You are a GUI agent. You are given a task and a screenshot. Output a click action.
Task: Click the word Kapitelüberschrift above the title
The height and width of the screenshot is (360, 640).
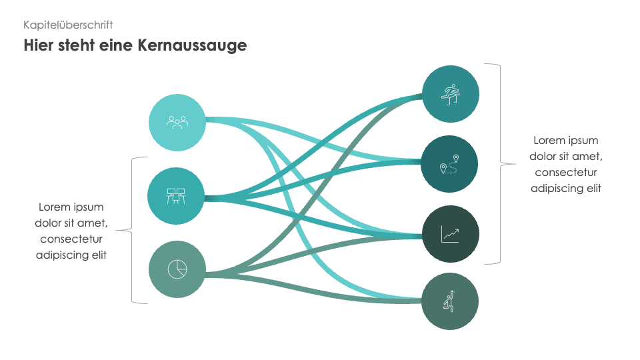pyautogui.click(x=68, y=25)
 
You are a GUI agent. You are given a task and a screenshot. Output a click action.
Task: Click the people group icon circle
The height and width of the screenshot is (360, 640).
pyautogui.click(x=177, y=122)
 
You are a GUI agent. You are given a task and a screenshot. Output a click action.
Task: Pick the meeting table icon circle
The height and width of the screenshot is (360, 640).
pyautogui.click(x=176, y=196)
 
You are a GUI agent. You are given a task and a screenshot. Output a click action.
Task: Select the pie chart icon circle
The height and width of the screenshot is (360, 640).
pyautogui.click(x=177, y=269)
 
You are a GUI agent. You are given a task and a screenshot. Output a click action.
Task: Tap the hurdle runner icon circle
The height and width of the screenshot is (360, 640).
pyautogui.click(x=451, y=94)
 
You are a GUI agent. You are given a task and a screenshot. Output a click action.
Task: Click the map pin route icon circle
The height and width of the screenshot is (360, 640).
pyautogui.click(x=451, y=164)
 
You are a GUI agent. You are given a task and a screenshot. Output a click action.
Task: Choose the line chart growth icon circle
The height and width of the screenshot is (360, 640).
pyautogui.click(x=451, y=234)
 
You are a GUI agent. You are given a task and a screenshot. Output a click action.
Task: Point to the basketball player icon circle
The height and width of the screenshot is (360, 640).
pyautogui.click(x=451, y=301)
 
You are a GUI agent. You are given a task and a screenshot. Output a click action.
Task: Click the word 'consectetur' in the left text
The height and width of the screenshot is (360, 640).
pyautogui.click(x=71, y=239)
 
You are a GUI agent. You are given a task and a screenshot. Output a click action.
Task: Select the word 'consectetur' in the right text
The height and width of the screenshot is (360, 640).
pyautogui.click(x=566, y=173)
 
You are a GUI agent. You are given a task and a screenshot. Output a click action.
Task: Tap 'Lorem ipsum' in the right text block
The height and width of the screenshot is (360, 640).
pyautogui.click(x=566, y=141)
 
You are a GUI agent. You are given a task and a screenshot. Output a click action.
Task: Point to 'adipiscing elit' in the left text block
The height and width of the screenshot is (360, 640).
pyautogui.click(x=71, y=255)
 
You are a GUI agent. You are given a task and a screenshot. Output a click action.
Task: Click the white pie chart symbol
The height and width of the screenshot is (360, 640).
pyautogui.click(x=177, y=269)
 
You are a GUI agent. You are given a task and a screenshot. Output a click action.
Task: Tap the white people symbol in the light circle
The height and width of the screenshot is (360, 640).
pyautogui.click(x=177, y=122)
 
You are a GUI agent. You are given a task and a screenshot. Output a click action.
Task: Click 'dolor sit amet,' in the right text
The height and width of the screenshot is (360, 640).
pyautogui.click(x=566, y=157)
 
